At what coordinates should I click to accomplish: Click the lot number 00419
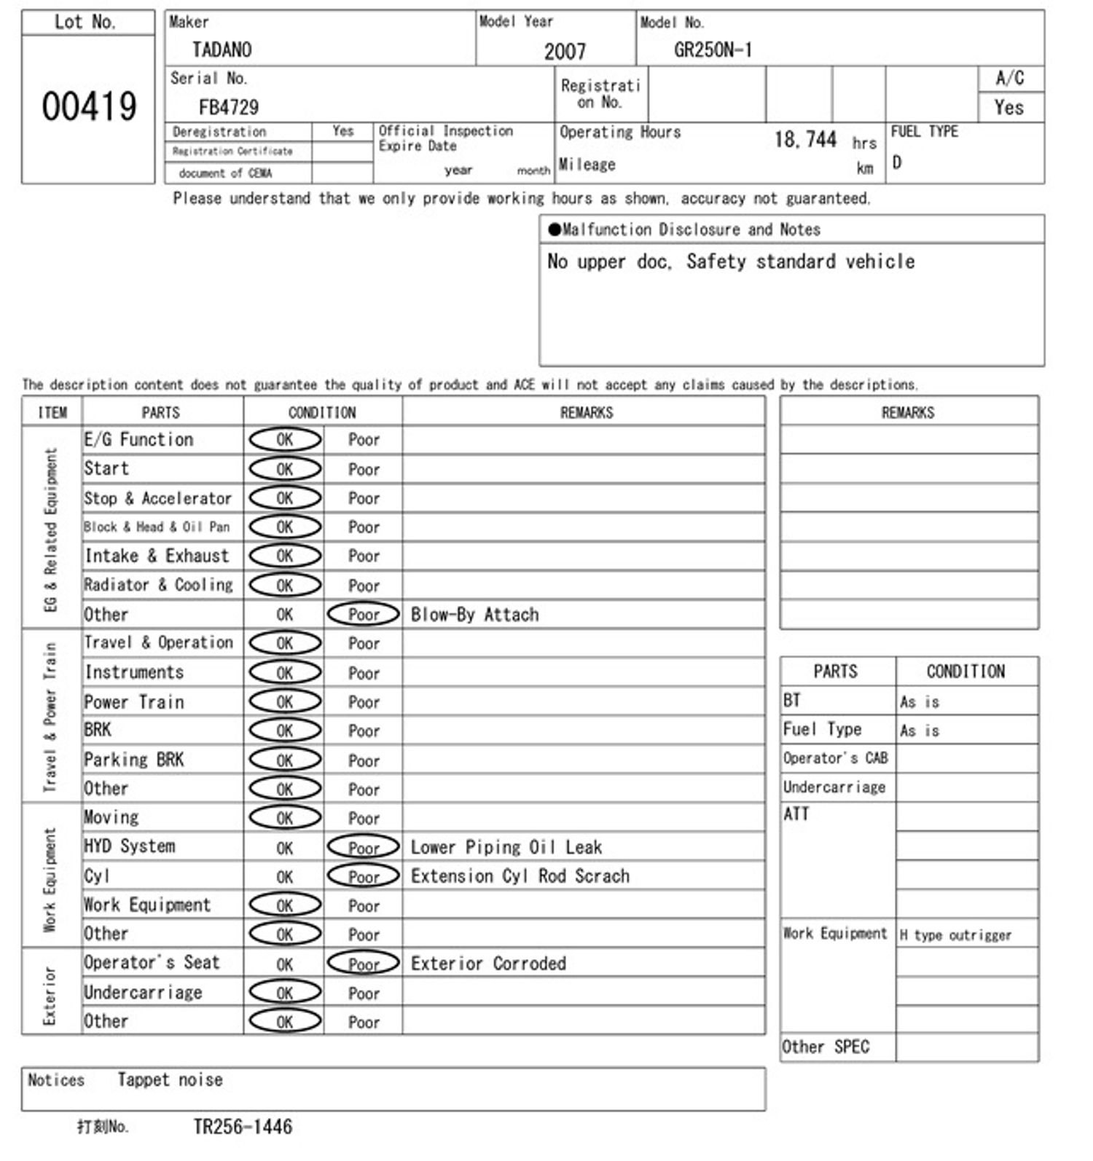point(89,107)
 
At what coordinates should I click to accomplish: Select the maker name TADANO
point(222,50)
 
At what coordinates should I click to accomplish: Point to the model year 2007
point(565,51)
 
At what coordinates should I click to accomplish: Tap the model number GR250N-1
point(713,50)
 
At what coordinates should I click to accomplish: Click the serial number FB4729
point(229,108)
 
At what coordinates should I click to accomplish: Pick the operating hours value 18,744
point(805,139)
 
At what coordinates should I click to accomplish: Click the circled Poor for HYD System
point(364,847)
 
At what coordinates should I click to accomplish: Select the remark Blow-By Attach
point(474,615)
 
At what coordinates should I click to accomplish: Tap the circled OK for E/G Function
point(285,439)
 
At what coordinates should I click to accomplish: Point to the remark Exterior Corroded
point(488,964)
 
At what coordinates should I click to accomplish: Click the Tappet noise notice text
point(171,1080)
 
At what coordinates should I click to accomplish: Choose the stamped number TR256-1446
point(243,1127)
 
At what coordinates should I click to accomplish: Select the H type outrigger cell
point(955,935)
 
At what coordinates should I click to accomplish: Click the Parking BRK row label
point(134,760)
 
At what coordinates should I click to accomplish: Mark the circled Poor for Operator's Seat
point(364,964)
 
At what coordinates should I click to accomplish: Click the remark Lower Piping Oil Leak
point(506,847)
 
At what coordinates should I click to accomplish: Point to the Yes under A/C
point(1009,108)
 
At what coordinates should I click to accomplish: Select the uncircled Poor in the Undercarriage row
point(364,993)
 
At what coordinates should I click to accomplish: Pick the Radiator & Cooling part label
point(158,585)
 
